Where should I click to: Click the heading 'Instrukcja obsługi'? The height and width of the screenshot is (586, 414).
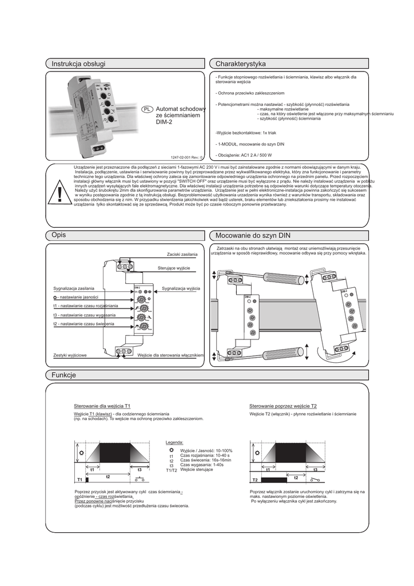pos(78,64)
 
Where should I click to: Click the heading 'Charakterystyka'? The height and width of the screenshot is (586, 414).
pos(241,64)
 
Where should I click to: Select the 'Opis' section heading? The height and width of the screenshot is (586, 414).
pos(59,235)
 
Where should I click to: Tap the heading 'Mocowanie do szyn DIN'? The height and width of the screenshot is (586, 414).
pos(253,235)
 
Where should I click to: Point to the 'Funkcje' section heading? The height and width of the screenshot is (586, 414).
pos(63,375)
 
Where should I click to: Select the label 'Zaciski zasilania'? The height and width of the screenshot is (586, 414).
pos(182,254)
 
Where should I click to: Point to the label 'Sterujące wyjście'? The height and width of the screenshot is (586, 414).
pos(174,268)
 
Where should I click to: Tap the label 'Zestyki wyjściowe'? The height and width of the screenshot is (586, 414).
pos(70,355)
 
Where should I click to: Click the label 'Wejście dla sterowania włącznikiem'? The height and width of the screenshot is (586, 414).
pos(172,355)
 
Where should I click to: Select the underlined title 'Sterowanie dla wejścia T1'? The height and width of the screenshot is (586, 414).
pos(102,406)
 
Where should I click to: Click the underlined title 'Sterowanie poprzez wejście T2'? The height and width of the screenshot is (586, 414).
pos(283,406)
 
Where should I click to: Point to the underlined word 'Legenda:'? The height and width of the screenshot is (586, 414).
pos(174,442)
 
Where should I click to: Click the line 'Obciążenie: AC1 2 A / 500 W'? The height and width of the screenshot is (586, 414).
pos(244,155)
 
